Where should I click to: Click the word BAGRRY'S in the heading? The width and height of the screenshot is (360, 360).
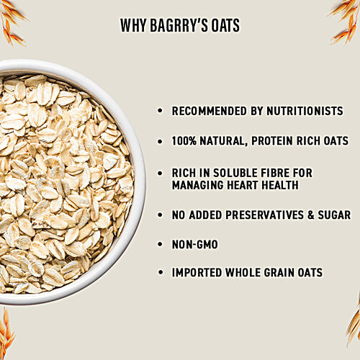176,27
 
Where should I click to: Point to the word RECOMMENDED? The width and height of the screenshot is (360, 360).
207,112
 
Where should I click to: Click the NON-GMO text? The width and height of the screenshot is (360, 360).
194,245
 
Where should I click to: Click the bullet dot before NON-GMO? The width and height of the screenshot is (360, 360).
160,246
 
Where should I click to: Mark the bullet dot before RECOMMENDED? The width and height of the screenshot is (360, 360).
160,112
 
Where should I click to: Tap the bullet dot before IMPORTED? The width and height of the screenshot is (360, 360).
160,274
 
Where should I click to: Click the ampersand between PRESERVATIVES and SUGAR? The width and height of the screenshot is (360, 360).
307,215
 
